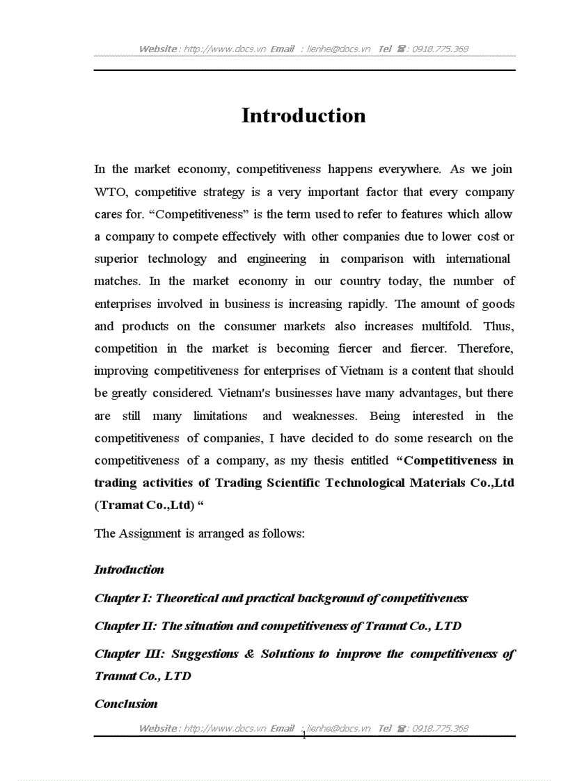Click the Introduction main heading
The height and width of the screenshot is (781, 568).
coord(303,115)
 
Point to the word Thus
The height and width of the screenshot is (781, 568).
coord(498,326)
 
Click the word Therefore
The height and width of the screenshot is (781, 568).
coord(485,348)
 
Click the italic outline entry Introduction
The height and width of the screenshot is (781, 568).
coord(129,570)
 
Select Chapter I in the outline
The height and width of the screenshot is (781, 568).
coord(122,598)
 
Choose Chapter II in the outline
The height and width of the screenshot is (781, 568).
coord(124,626)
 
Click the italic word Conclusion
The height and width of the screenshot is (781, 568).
coord(126,704)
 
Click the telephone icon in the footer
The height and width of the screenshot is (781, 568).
coord(402,728)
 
